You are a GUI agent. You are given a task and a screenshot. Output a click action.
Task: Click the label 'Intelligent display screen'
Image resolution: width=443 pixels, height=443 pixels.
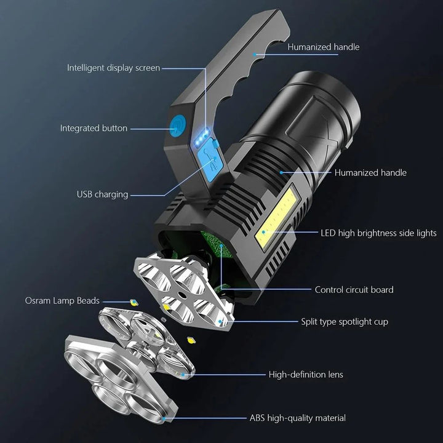pyautogui.click(x=114, y=68)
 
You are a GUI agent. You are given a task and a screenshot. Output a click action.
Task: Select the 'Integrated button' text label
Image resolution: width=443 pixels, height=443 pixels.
pyautogui.click(x=94, y=128)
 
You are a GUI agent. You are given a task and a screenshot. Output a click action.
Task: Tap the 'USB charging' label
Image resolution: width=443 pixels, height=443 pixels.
pyautogui.click(x=102, y=194)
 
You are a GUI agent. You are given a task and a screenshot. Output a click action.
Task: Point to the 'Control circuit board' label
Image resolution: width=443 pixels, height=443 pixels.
pyautogui.click(x=354, y=289)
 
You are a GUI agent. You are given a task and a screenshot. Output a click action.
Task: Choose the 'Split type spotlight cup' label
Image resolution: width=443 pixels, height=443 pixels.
pyautogui.click(x=344, y=321)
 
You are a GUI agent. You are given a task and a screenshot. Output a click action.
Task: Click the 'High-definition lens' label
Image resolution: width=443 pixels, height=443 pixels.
pyautogui.click(x=306, y=374)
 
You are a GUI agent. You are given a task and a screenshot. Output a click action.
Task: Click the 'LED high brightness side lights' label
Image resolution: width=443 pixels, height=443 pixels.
pyautogui.click(x=378, y=233)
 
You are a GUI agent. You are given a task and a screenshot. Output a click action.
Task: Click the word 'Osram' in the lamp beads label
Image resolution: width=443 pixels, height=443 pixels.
pyautogui.click(x=38, y=301)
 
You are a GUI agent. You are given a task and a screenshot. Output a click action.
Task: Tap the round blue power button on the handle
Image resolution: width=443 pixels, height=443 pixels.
pyautogui.click(x=177, y=127)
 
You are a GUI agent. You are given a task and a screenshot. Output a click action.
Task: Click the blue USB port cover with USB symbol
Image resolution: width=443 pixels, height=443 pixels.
pyautogui.click(x=212, y=161)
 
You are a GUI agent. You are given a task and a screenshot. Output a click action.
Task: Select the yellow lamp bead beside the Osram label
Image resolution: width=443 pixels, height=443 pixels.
pyautogui.click(x=132, y=301)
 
